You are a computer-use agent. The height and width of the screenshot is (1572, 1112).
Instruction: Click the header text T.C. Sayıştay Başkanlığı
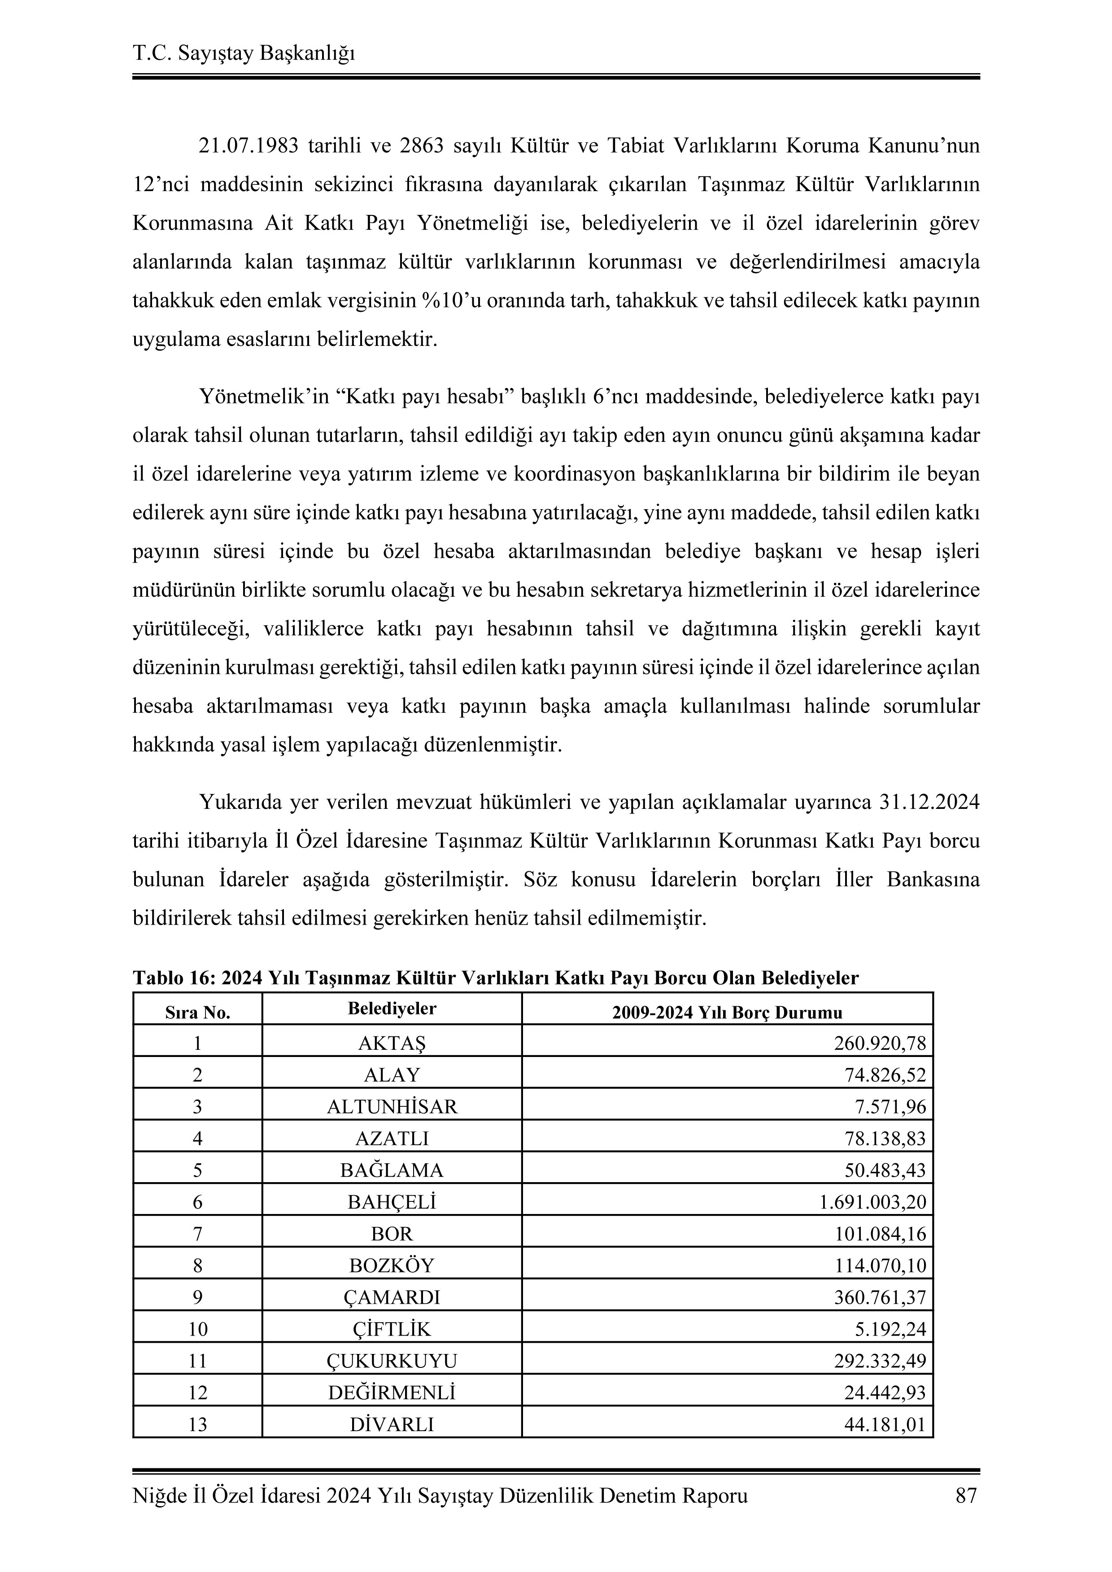click(x=243, y=53)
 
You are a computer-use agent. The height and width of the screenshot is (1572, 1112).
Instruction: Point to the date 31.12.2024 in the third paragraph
click(x=929, y=802)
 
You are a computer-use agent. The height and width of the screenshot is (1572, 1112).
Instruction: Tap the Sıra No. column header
click(x=197, y=1013)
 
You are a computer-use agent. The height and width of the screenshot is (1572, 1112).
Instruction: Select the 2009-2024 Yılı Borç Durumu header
click(x=727, y=1013)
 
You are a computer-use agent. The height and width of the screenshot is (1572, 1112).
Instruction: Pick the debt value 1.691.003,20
click(x=872, y=1202)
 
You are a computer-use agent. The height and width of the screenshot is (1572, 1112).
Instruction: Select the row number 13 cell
click(x=197, y=1425)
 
